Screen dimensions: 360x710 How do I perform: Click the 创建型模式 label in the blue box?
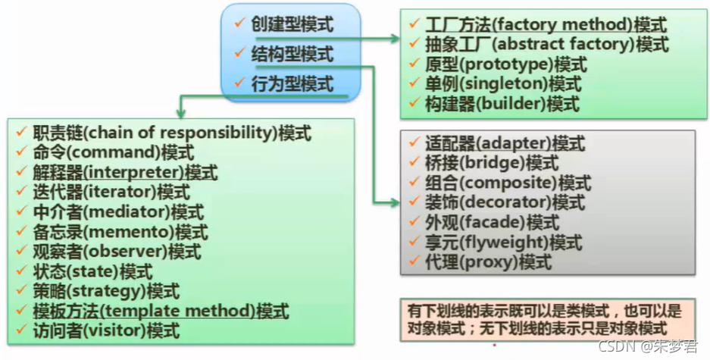point(292,25)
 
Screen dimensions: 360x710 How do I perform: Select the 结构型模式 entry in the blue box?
point(292,54)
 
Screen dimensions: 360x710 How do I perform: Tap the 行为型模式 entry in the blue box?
point(292,83)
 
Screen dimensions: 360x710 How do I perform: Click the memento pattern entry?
point(121,232)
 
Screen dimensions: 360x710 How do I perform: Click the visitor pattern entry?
point(107,330)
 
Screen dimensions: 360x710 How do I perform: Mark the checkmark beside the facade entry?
point(413,222)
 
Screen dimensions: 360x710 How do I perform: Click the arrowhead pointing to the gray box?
point(395,202)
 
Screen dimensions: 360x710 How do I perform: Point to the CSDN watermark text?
point(647,346)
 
